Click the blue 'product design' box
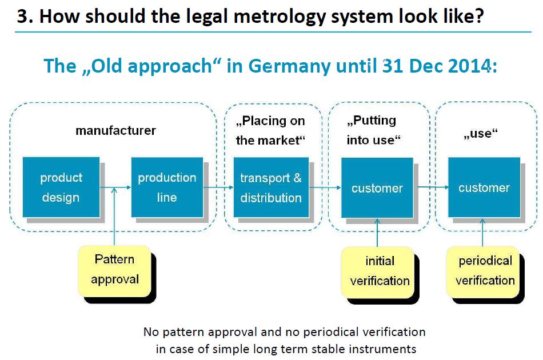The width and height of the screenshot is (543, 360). (61, 187)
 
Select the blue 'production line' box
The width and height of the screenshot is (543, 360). (167, 187)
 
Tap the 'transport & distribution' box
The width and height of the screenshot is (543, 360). (271, 187)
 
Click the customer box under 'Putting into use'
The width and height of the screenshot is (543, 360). (377, 187)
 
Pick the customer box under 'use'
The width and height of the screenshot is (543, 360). (484, 187)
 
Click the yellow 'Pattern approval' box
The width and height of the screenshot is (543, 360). (115, 271)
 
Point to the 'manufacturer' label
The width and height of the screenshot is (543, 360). (115, 130)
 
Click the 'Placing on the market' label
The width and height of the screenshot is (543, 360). (270, 130)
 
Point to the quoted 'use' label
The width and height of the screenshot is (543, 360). (481, 133)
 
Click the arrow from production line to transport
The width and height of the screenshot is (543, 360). (218, 187)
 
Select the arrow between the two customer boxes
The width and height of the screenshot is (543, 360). (433, 187)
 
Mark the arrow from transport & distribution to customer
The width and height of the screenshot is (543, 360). (325, 187)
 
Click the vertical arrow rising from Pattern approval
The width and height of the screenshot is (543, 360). (114, 217)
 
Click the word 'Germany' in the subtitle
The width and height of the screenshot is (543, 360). (289, 66)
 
